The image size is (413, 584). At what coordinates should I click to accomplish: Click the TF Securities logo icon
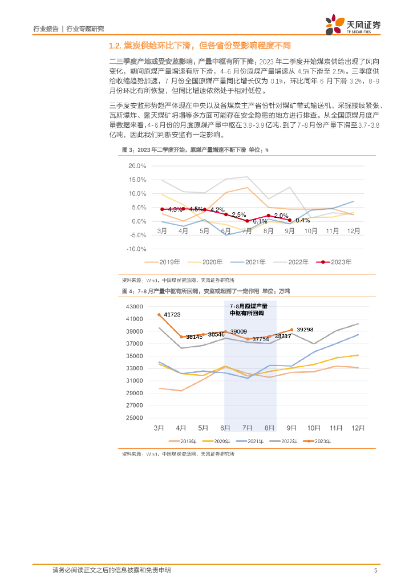coord(335,23)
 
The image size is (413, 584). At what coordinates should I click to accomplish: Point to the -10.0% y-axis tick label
coord(136,249)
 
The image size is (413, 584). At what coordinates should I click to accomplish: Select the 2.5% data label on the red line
coord(238,214)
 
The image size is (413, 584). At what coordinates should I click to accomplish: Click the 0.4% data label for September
coord(303,220)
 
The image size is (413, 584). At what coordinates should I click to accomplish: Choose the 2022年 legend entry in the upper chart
coord(292,262)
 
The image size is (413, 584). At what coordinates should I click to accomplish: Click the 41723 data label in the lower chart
coord(172,314)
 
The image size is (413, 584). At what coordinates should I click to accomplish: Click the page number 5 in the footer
coord(375,570)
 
